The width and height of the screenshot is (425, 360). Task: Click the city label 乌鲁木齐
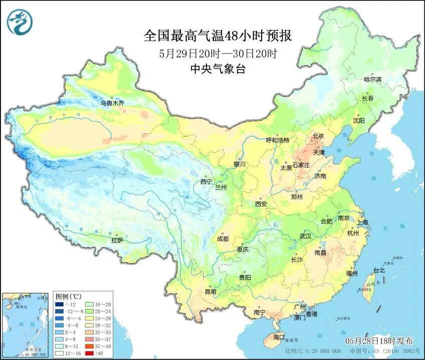[112, 103]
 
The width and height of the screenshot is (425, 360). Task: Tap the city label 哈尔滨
[372, 79]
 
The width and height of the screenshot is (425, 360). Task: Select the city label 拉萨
[117, 240]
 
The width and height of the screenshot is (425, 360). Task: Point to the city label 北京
[319, 136]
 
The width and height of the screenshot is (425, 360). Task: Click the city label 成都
[223, 239]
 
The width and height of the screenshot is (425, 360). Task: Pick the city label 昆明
[210, 291]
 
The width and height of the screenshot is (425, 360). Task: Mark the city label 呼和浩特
[277, 140]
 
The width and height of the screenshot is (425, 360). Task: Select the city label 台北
[379, 270]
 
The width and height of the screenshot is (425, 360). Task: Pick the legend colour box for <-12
[60, 304]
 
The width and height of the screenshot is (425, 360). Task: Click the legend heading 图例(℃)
[65, 296]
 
